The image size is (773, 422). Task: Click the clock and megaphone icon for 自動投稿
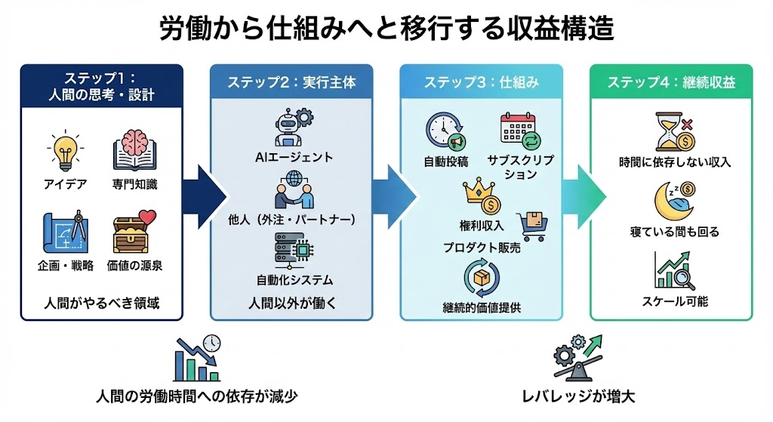[x=445, y=132]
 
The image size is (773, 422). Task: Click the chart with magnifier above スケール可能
[x=675, y=270]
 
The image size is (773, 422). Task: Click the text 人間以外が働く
[x=293, y=303]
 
